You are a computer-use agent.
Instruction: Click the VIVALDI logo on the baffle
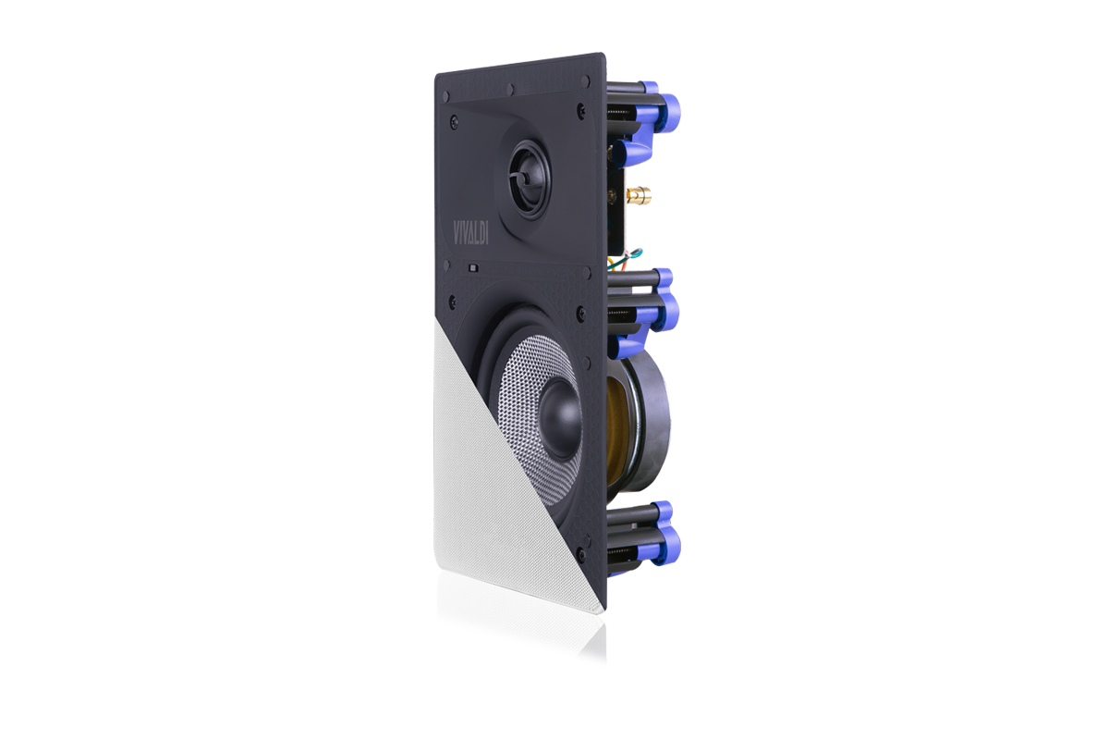(x=470, y=232)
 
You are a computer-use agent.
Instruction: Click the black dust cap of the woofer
(x=560, y=418)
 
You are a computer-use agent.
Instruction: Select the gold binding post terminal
(x=640, y=196)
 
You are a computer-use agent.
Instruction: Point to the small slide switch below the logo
(x=473, y=268)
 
